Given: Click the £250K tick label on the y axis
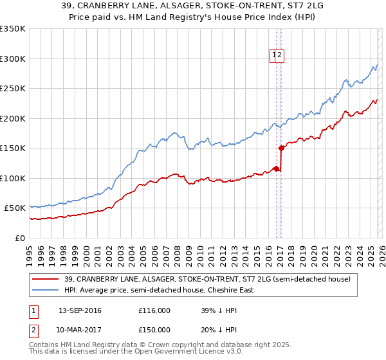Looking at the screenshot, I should (13, 89).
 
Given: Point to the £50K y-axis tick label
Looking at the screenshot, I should (15, 208).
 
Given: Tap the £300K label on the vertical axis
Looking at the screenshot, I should (13, 59).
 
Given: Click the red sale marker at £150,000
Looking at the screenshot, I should (281, 148).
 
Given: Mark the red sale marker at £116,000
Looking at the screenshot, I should (276, 168).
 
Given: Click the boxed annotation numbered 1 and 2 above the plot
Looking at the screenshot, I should (277, 56).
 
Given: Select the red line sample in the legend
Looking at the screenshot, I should (46, 279).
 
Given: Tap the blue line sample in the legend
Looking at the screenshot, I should (46, 290).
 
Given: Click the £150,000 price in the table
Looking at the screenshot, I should (154, 330).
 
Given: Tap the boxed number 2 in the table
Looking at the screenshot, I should (33, 330).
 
